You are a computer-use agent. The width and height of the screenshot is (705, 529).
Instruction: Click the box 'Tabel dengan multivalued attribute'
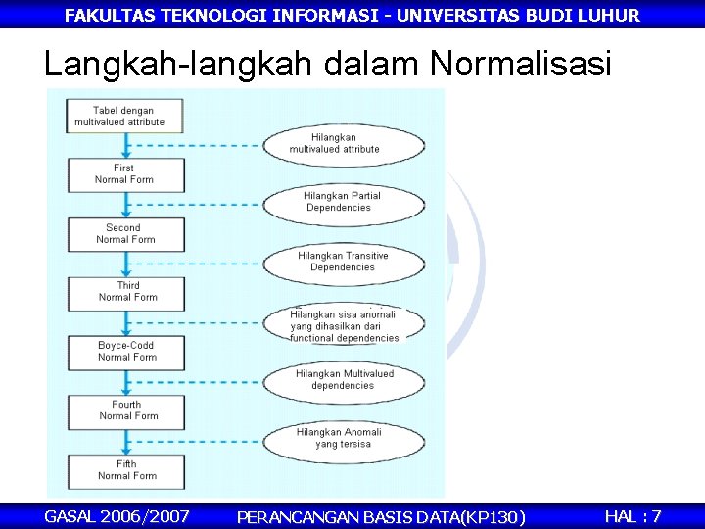[x=123, y=117]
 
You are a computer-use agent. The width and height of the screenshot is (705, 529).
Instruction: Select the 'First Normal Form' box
[x=124, y=174]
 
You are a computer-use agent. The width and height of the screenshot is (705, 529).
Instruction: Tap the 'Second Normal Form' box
[x=124, y=233]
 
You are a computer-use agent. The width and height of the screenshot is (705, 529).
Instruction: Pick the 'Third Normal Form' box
[x=125, y=292]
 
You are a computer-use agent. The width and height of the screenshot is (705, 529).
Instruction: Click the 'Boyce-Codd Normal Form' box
[x=125, y=351]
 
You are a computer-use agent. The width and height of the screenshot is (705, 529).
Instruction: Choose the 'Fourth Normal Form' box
[x=125, y=410]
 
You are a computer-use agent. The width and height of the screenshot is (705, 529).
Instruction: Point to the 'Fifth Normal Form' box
[x=125, y=470]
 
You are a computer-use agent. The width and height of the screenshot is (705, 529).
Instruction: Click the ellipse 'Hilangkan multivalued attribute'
[x=344, y=144]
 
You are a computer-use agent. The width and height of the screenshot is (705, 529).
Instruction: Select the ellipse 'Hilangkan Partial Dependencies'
[x=344, y=202]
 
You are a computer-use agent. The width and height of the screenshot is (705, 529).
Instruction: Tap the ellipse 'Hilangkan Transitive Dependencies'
[x=344, y=262]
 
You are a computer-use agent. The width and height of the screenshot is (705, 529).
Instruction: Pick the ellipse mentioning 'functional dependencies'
[x=344, y=325]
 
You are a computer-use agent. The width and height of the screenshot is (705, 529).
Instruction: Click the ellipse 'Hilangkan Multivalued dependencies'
[x=344, y=379]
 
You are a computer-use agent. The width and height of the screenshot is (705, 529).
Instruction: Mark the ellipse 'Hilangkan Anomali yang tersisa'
[x=344, y=438]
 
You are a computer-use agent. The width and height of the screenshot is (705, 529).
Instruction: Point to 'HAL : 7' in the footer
[x=633, y=515]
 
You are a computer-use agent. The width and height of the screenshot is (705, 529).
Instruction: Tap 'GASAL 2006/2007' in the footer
[x=117, y=515]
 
